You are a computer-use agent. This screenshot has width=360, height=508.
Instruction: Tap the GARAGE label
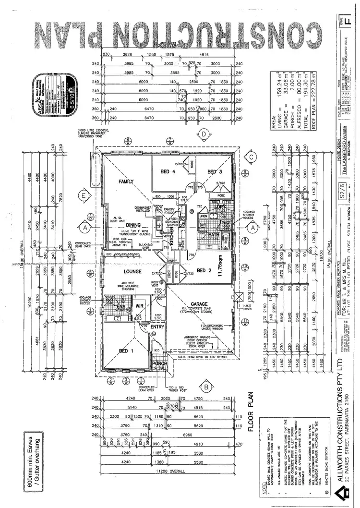point(199,304)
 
